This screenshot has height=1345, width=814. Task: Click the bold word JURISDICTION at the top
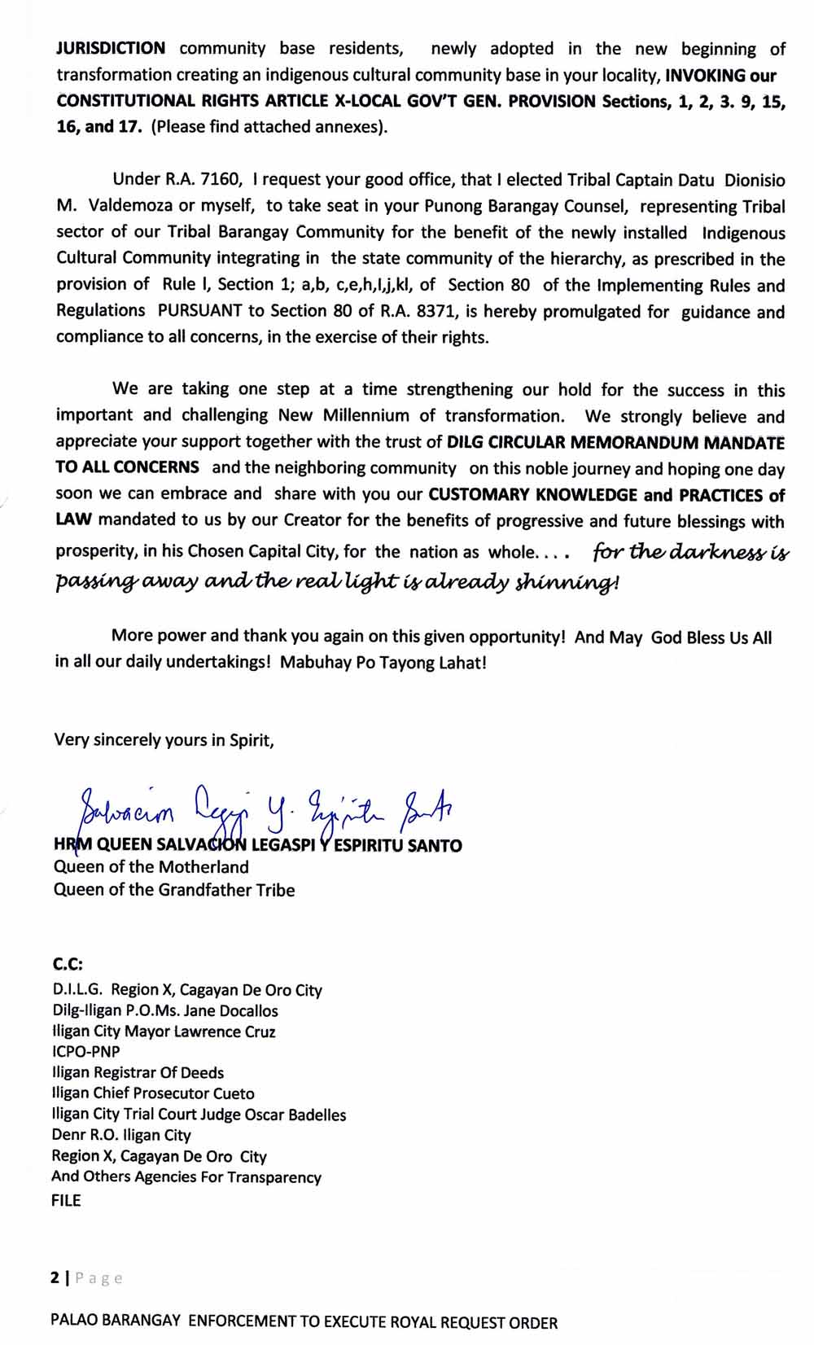click(111, 49)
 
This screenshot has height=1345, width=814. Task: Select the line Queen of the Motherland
click(151, 867)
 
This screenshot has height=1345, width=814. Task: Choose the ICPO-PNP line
click(85, 1052)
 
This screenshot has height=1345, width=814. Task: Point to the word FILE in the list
click(66, 1200)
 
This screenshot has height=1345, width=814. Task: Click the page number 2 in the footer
click(55, 1278)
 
